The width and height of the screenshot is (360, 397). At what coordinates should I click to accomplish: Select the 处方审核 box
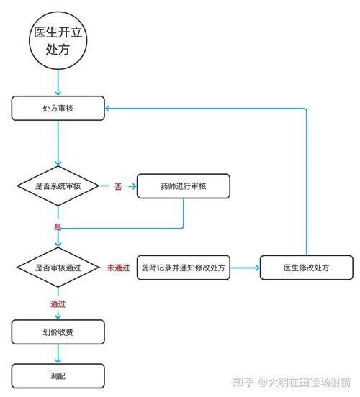(x=58, y=108)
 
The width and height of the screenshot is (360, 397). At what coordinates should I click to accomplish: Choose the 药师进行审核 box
(x=184, y=186)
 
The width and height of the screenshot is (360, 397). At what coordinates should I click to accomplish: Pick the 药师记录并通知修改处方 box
(x=184, y=268)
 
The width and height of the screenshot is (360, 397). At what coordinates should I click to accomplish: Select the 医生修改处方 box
(x=307, y=268)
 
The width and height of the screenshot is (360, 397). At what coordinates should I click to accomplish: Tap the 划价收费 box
(x=58, y=332)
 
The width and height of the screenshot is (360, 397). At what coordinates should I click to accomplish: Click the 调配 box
(x=58, y=376)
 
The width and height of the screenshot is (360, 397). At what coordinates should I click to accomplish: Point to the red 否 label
(x=118, y=186)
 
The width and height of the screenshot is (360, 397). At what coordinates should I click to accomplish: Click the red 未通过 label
(x=118, y=268)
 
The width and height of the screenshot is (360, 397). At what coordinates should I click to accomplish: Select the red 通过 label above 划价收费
(x=58, y=304)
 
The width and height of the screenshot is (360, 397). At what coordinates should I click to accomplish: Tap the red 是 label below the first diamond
(x=58, y=227)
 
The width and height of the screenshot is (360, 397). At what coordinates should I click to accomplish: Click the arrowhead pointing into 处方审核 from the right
(x=107, y=109)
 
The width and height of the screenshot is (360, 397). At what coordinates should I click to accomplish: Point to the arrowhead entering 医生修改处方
(x=258, y=268)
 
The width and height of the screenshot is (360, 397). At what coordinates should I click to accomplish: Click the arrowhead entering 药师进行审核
(x=135, y=186)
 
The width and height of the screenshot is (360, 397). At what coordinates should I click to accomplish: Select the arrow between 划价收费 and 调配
(x=58, y=354)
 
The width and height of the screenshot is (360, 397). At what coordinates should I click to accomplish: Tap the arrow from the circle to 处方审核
(x=58, y=83)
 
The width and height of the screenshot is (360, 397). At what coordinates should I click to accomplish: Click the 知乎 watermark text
(x=243, y=382)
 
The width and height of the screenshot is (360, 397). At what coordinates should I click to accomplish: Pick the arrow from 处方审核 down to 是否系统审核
(x=58, y=143)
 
